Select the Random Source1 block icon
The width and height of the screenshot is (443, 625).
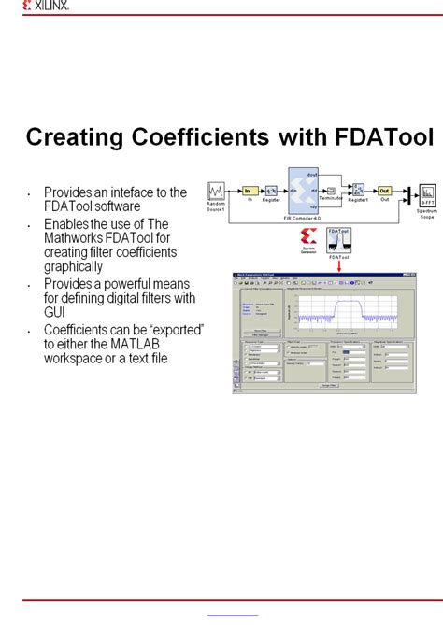[x=217, y=192]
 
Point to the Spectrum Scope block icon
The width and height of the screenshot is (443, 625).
[x=426, y=193]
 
